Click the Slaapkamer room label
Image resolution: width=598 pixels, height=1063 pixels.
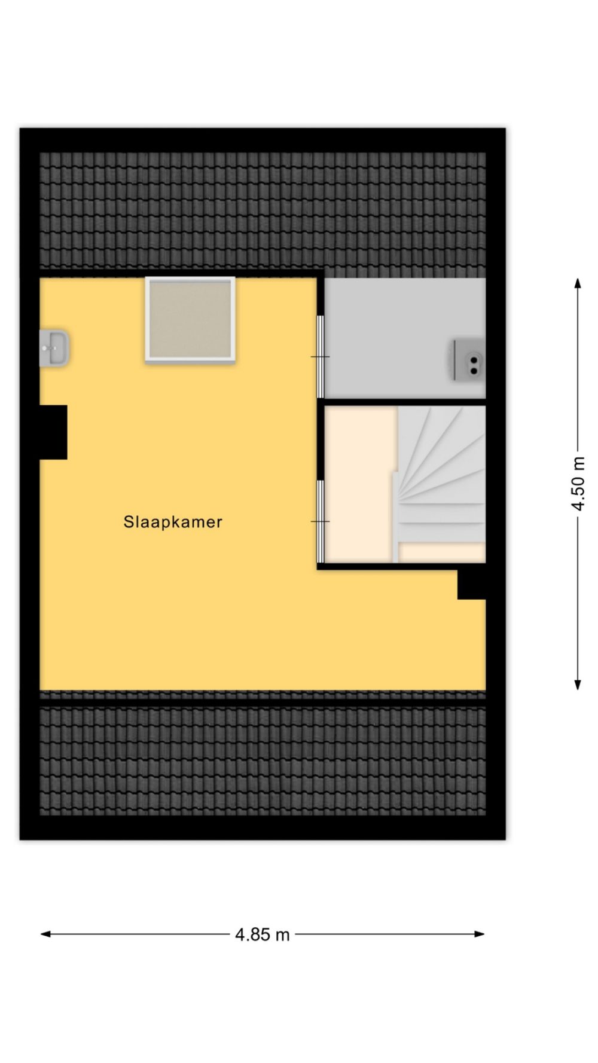click(173, 522)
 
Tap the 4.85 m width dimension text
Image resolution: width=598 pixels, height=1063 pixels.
click(262, 934)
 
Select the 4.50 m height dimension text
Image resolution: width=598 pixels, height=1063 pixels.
click(578, 483)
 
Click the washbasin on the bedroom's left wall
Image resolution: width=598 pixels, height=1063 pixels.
click(54, 348)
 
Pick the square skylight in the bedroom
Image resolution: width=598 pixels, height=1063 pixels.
click(190, 320)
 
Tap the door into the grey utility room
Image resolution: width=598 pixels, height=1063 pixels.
click(320, 357)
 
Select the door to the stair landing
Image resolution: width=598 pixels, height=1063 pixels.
click(320, 522)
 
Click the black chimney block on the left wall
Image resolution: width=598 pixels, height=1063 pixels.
click(53, 432)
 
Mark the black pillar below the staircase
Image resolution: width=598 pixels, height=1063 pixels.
click(472, 584)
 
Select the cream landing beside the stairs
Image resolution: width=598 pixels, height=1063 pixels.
click(359, 484)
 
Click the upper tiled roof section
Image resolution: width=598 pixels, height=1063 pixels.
click(263, 210)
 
